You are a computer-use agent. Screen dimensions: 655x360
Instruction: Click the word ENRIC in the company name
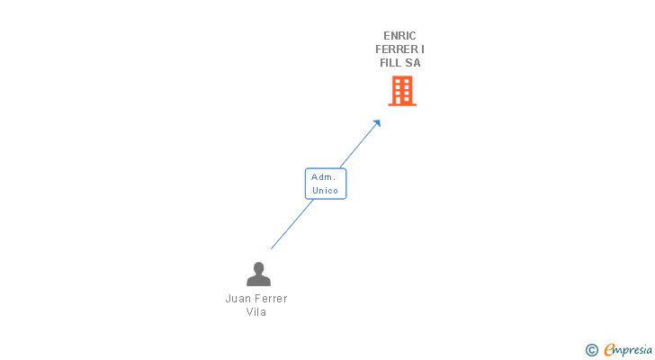point(399,36)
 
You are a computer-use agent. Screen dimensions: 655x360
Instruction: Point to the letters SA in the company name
point(413,63)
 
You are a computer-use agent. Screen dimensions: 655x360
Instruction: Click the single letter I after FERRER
point(423,49)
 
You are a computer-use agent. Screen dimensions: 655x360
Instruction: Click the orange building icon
point(402,90)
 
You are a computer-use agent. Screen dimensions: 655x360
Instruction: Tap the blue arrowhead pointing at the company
point(377,123)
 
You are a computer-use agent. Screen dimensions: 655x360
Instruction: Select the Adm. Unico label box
point(325,184)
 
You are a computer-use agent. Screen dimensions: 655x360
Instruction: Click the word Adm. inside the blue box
point(324,177)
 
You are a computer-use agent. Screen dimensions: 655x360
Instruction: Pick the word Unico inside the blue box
point(325,191)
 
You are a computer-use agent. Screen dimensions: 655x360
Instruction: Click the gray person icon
point(258,274)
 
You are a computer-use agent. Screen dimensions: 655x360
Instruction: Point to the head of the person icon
point(258,267)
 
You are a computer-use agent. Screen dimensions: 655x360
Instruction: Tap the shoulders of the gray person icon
point(258,281)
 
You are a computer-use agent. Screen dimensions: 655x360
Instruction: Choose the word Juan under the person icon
point(237,299)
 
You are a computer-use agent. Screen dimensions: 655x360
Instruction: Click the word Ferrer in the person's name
point(270,299)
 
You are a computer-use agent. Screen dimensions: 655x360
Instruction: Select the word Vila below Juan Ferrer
point(256,312)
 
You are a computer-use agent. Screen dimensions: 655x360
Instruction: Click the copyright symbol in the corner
point(591,350)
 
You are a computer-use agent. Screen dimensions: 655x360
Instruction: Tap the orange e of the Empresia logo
point(609,349)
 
